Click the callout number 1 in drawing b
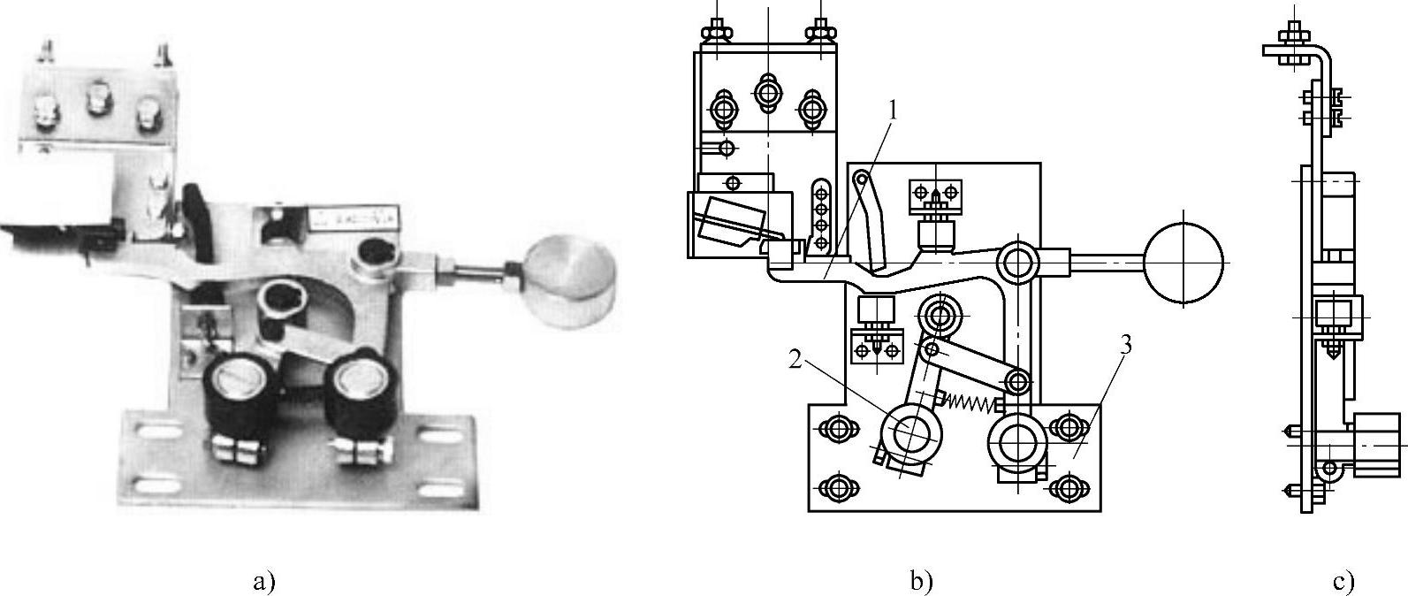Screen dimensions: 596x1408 coord(893,110)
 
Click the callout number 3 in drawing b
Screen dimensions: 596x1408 coord(1124,345)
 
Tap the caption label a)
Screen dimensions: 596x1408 coord(264,581)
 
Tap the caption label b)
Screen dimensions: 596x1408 coord(920,581)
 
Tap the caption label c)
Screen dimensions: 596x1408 coord(1343,581)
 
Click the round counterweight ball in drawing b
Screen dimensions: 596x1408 coord(1184,262)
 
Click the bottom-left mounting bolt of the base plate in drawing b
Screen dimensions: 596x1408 coord(836,486)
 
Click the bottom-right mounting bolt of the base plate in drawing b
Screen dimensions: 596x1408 coord(1068,486)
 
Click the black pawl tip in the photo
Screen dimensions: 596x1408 coord(195,204)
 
